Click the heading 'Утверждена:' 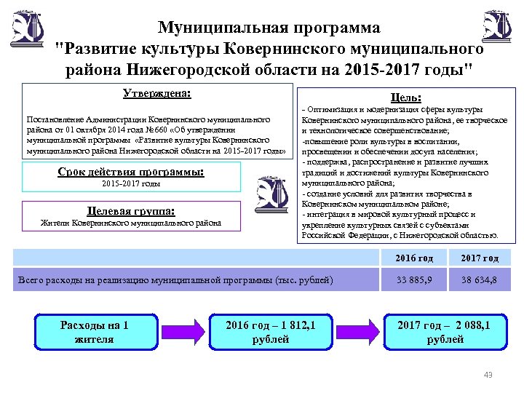155,93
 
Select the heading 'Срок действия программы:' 130,172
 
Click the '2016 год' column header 414,258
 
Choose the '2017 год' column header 479,258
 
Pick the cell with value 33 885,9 414,280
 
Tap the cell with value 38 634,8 479,280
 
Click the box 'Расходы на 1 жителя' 94,332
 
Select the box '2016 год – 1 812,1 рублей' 270,332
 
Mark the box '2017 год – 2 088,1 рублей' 445,332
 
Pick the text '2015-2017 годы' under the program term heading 131,185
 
